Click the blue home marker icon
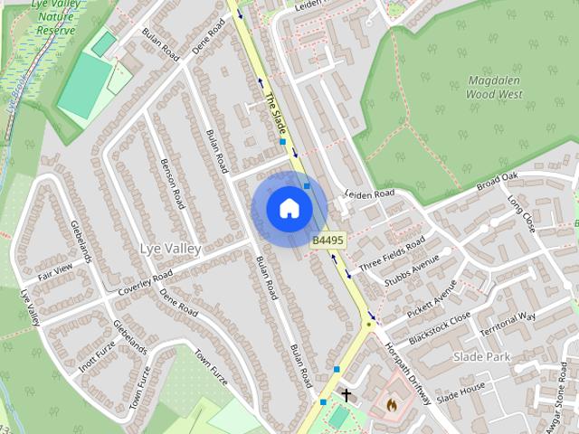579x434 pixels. [x=289, y=209]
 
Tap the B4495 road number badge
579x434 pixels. [x=327, y=241]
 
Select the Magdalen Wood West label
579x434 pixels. [x=495, y=86]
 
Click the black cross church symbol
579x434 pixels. [x=346, y=395]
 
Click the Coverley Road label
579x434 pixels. [x=145, y=284]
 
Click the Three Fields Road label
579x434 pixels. [x=392, y=256]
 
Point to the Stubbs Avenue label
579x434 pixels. [x=412, y=275]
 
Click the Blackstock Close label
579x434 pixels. [x=440, y=328]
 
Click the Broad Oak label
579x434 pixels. [x=497, y=181]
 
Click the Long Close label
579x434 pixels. [x=521, y=212]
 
